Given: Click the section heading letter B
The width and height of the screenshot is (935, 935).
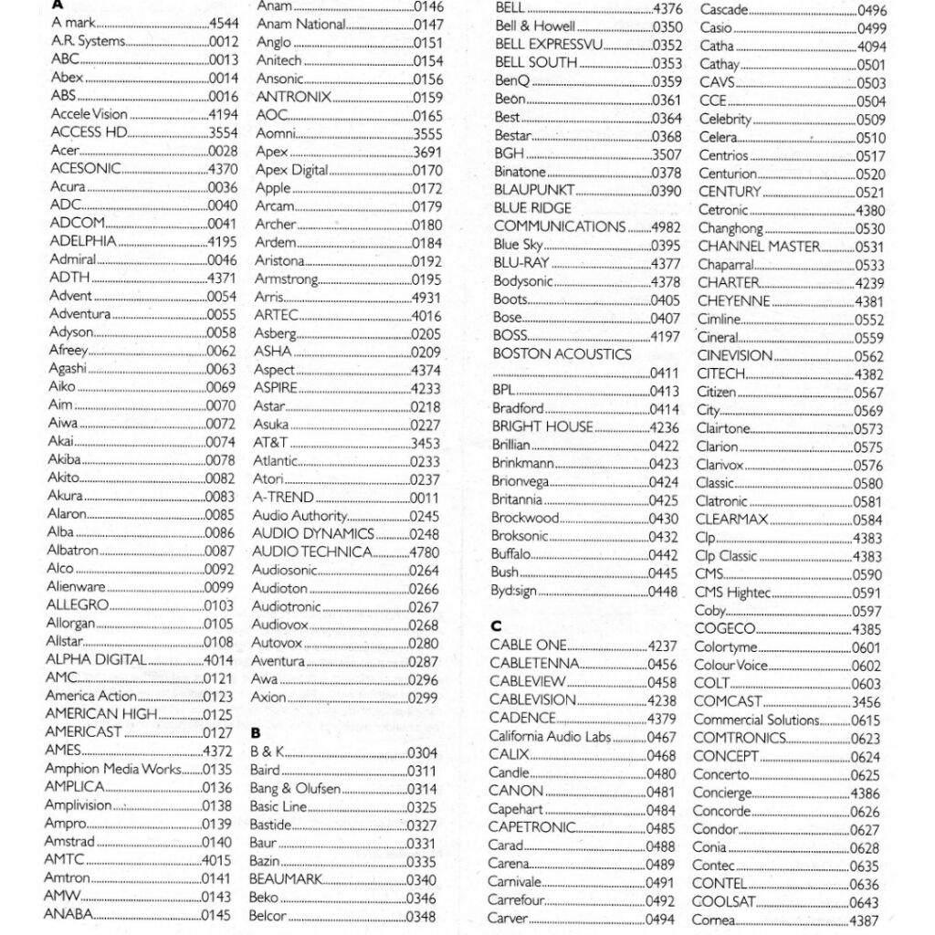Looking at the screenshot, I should point(256,732).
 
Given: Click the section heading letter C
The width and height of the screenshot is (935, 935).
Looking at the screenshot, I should point(496,625).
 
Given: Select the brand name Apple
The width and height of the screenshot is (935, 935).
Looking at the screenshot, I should point(273,188).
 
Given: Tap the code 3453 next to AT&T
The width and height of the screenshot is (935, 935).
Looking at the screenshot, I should point(425,443).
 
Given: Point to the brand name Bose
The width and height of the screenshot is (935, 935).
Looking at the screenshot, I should point(507,318).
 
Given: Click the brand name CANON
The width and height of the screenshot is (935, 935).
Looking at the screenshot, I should point(516,791).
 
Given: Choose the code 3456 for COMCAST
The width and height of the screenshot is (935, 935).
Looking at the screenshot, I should point(867,702).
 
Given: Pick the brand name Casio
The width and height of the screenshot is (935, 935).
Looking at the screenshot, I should point(716,28).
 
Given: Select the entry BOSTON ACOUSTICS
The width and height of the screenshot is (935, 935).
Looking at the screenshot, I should point(562,353).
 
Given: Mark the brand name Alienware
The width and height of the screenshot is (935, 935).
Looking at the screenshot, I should point(76,587).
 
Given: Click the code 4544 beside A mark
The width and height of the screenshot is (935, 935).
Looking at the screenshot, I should point(223,23).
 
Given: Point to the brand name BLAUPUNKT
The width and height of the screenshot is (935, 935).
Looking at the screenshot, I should point(534,190).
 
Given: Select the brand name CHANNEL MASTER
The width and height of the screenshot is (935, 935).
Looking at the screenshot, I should point(759,247).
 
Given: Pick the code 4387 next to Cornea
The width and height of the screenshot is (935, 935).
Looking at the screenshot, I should point(865,921).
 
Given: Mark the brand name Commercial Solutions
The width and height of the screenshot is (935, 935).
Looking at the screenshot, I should point(756,720).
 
